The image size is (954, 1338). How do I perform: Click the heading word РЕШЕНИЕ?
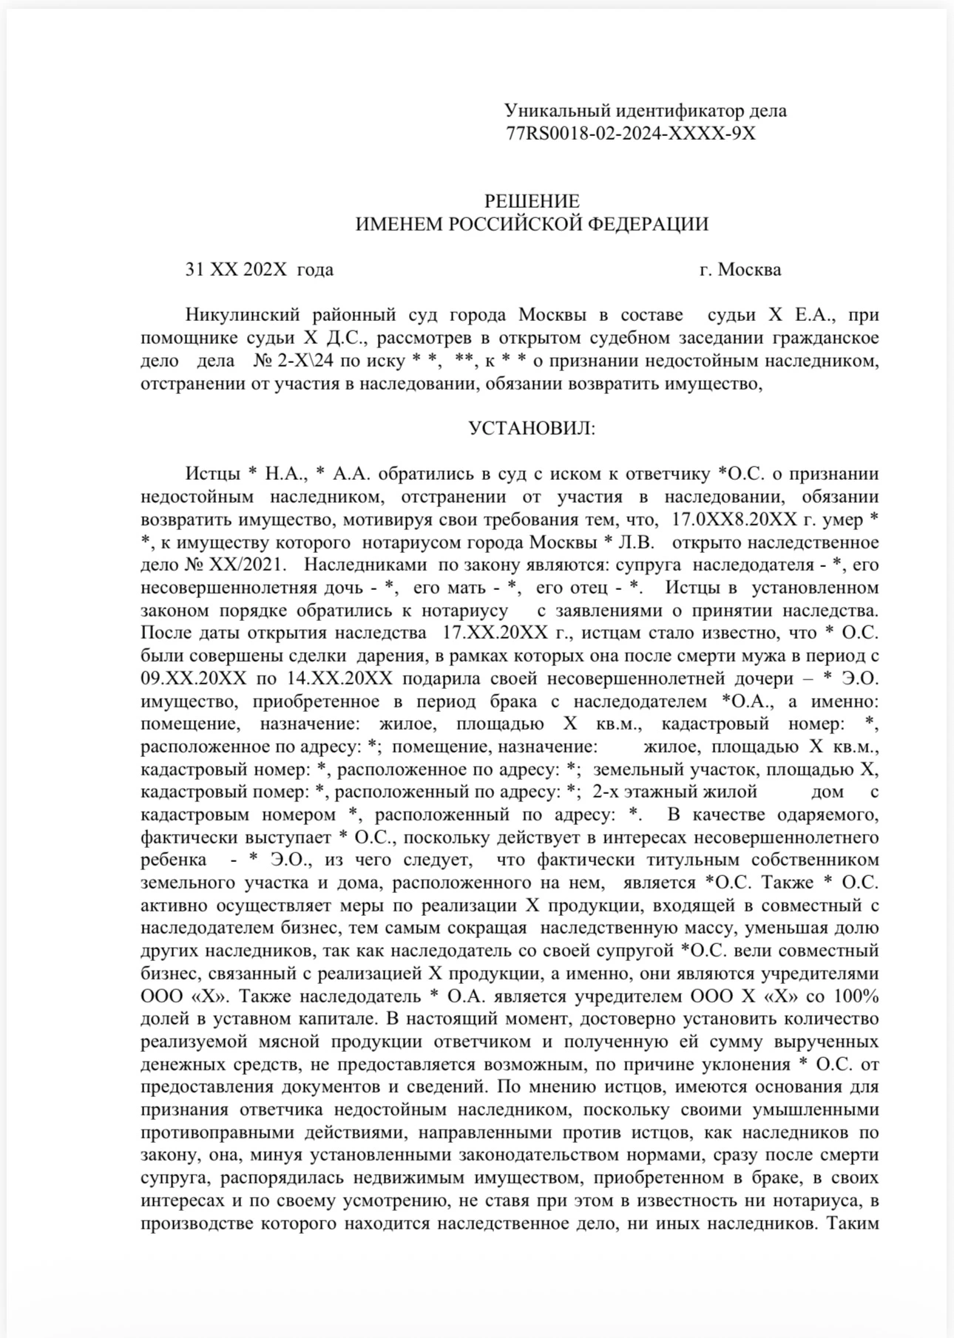532,201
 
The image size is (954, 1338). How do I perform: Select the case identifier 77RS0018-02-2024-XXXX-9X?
631,134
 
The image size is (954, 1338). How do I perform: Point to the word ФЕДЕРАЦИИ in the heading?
648,224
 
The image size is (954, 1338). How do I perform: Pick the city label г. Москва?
740,270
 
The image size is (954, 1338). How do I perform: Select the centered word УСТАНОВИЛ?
532,429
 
